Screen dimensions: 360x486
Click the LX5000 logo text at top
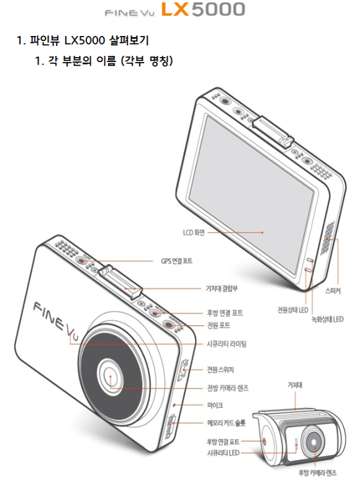coord(203,9)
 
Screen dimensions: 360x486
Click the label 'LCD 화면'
coord(194,233)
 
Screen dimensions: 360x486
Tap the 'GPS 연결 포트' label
coord(176,261)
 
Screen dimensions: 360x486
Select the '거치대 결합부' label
coord(222,289)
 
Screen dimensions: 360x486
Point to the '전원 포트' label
coord(218,325)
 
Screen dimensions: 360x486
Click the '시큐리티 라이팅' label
coord(227,344)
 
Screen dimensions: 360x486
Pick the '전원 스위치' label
coord(220,369)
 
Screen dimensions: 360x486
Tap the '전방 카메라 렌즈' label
coord(228,388)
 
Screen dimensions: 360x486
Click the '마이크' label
coord(215,405)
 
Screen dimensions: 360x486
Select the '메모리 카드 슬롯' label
coord(226,423)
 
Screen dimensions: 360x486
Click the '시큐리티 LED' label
coord(223,453)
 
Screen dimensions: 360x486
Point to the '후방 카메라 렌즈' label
coord(317,473)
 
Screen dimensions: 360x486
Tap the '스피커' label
coord(333,290)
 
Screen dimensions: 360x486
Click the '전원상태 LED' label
coord(293,310)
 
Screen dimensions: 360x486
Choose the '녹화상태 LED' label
coord(328,319)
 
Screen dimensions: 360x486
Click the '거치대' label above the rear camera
coord(295,385)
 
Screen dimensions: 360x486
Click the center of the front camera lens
coord(110,375)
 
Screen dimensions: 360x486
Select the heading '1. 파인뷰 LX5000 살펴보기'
coord(83,40)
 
